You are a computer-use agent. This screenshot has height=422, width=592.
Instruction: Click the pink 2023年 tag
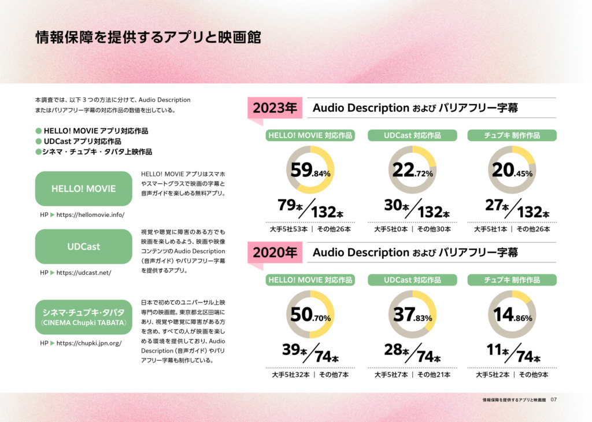[275, 108]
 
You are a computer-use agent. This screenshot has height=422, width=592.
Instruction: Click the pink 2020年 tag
[275, 253]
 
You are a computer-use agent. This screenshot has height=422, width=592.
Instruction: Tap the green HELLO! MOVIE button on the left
[83, 188]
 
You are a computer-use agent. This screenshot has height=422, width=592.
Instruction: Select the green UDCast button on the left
[83, 246]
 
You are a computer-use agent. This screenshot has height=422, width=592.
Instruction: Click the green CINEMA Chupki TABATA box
[83, 317]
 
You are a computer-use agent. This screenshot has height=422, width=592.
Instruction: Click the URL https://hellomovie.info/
[90, 215]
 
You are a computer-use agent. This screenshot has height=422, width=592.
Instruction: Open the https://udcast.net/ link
[84, 272]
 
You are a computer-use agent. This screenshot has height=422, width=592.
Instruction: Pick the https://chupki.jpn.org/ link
[89, 343]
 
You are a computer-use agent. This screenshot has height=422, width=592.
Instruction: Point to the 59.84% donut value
[310, 170]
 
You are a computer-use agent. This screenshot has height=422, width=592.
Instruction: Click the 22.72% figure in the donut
[413, 170]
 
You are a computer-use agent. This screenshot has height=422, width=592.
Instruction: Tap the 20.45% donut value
[512, 170]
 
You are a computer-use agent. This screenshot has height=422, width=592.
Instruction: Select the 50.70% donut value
[310, 315]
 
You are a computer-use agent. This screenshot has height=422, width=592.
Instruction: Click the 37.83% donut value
[413, 315]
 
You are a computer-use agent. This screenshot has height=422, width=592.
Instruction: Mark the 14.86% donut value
[512, 315]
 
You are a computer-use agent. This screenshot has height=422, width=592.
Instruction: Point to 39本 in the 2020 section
[294, 350]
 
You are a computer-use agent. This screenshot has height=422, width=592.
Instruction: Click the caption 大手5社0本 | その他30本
[412, 229]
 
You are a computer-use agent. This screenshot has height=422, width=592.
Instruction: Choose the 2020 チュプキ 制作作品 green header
[512, 280]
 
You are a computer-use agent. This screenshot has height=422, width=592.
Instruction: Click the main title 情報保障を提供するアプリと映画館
[148, 38]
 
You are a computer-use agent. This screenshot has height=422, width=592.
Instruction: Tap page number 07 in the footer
[553, 399]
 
